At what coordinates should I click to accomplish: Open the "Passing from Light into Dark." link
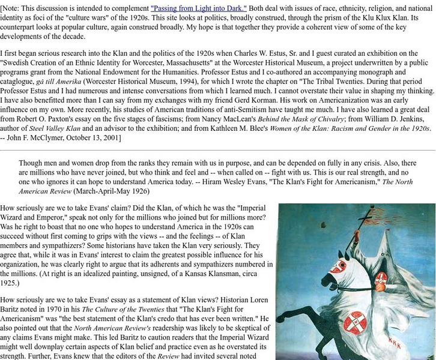[198, 8]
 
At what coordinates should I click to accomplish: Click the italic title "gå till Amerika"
[57, 82]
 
